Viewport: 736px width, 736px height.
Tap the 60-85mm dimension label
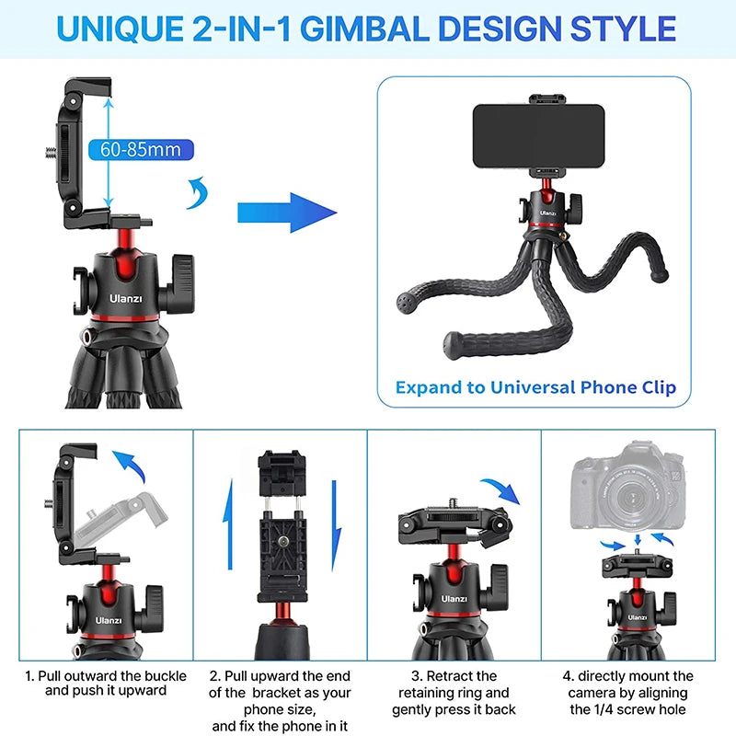pyautogui.click(x=141, y=149)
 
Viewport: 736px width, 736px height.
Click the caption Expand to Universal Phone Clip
pyautogui.click(x=535, y=386)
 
